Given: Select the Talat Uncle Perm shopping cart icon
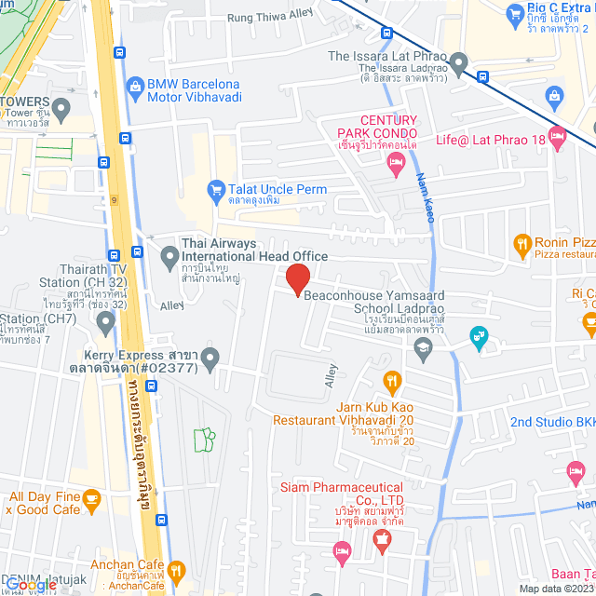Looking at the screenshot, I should point(216,190).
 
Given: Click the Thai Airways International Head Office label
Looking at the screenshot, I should point(253,251).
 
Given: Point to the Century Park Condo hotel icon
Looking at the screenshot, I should point(394,163).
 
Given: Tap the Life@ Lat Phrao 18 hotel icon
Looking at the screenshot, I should point(558,139).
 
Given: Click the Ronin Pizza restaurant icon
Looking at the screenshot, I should point(521,247).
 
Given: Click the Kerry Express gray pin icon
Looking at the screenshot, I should point(210,358).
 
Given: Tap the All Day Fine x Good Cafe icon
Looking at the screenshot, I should point(91,502).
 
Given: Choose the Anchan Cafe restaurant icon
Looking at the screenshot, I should point(177,569).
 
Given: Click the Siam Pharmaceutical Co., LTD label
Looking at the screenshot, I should point(342,494).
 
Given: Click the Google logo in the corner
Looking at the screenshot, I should point(30,585).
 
